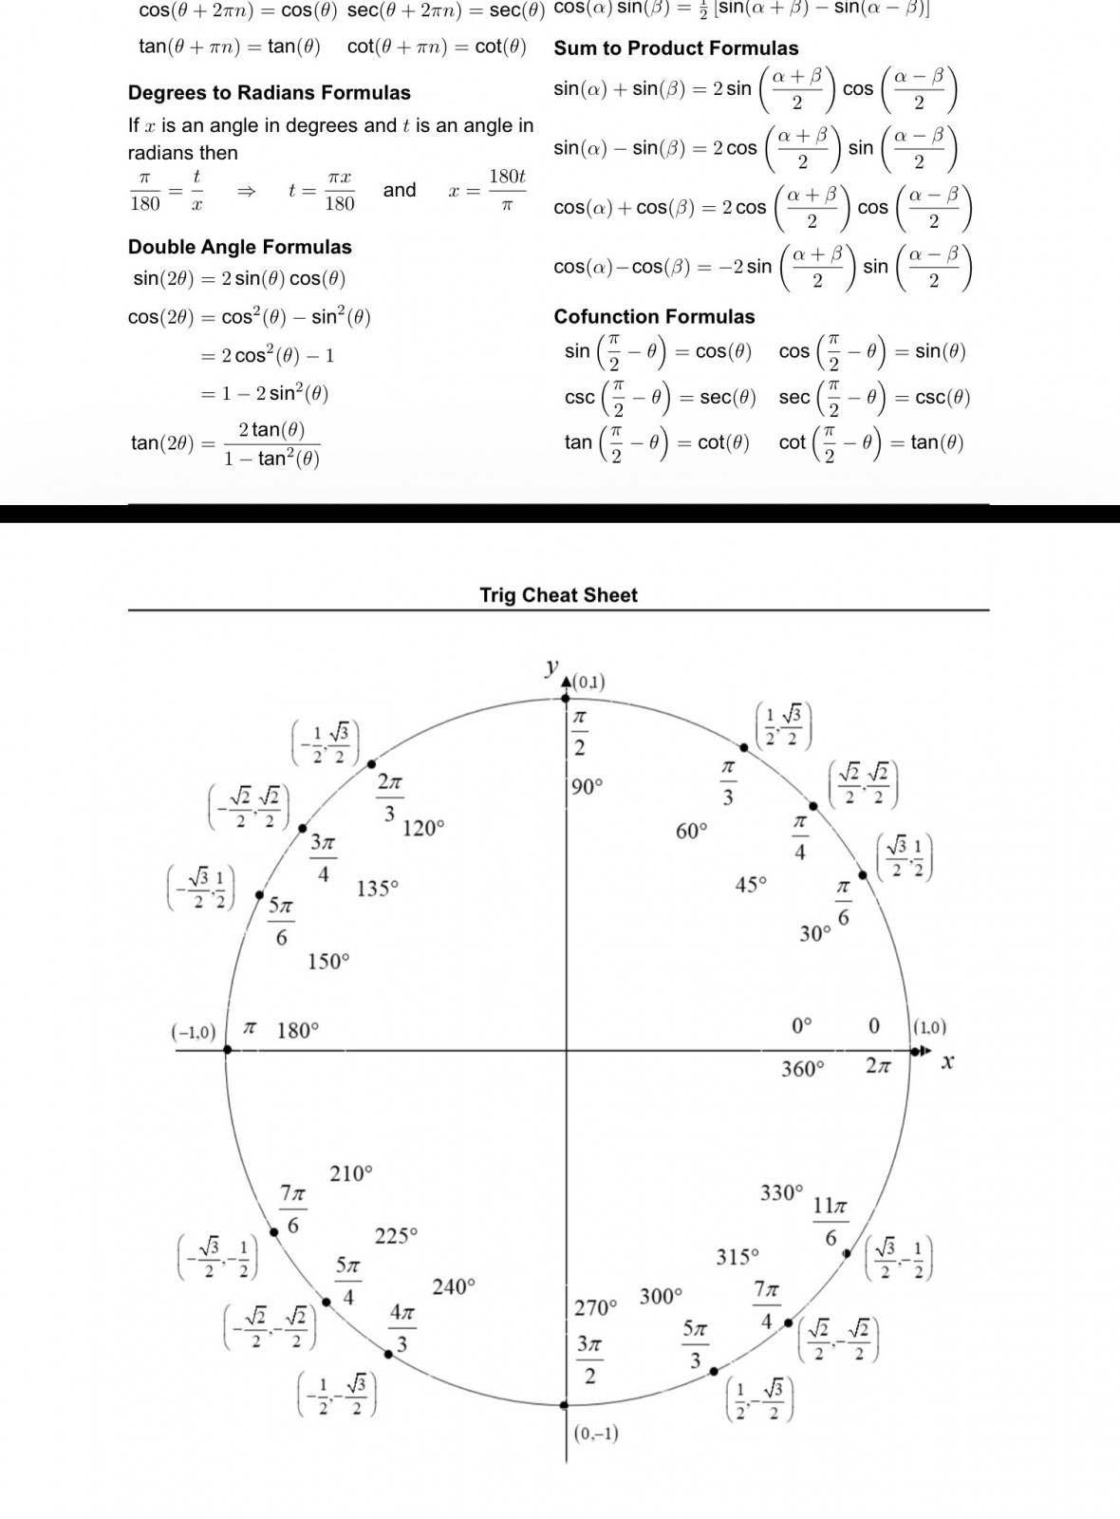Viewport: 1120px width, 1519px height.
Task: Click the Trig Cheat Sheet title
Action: pyautogui.click(x=558, y=595)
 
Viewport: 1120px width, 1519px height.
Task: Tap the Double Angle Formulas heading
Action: pyautogui.click(x=239, y=247)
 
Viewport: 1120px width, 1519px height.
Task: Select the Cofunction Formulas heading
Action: pyautogui.click(x=654, y=317)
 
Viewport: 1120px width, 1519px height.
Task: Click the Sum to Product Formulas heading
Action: pyautogui.click(x=676, y=48)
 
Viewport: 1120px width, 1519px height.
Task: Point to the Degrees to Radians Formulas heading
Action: pyautogui.click(x=269, y=93)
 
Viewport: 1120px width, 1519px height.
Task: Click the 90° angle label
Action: pyautogui.click(x=587, y=787)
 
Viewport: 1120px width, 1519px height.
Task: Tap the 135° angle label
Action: pyautogui.click(x=378, y=890)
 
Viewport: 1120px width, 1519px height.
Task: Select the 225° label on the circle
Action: pyautogui.click(x=396, y=1236)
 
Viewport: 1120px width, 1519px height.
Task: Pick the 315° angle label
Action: pyautogui.click(x=737, y=1257)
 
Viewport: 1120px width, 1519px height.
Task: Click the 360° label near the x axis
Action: pyautogui.click(x=802, y=1070)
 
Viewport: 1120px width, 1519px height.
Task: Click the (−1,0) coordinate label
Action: pyautogui.click(x=194, y=1032)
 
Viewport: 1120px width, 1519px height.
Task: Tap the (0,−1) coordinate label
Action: pyautogui.click(x=596, y=1433)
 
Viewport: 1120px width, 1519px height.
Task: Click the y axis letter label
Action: pyautogui.click(x=551, y=667)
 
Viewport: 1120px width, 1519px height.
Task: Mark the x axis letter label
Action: pyautogui.click(x=946, y=1061)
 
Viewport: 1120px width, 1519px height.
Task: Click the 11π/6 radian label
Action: pyautogui.click(x=830, y=1221)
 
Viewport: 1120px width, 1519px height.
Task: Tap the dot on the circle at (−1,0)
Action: pyautogui.click(x=227, y=1050)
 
